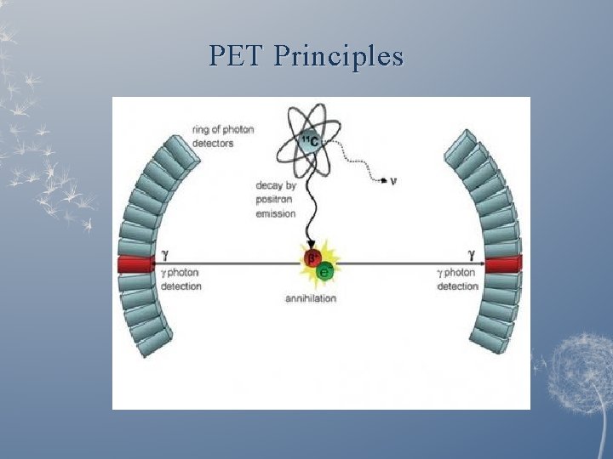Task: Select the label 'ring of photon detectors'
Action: (223, 136)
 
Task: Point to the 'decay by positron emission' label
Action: (276, 199)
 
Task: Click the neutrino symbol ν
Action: (392, 179)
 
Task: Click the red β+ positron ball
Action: (313, 258)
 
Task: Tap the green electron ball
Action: (324, 271)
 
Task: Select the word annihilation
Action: (311, 298)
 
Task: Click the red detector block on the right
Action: (503, 263)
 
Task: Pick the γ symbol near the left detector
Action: (164, 254)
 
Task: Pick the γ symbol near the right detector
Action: (471, 253)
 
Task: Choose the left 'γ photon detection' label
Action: (180, 279)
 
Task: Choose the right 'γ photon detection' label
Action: (458, 279)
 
